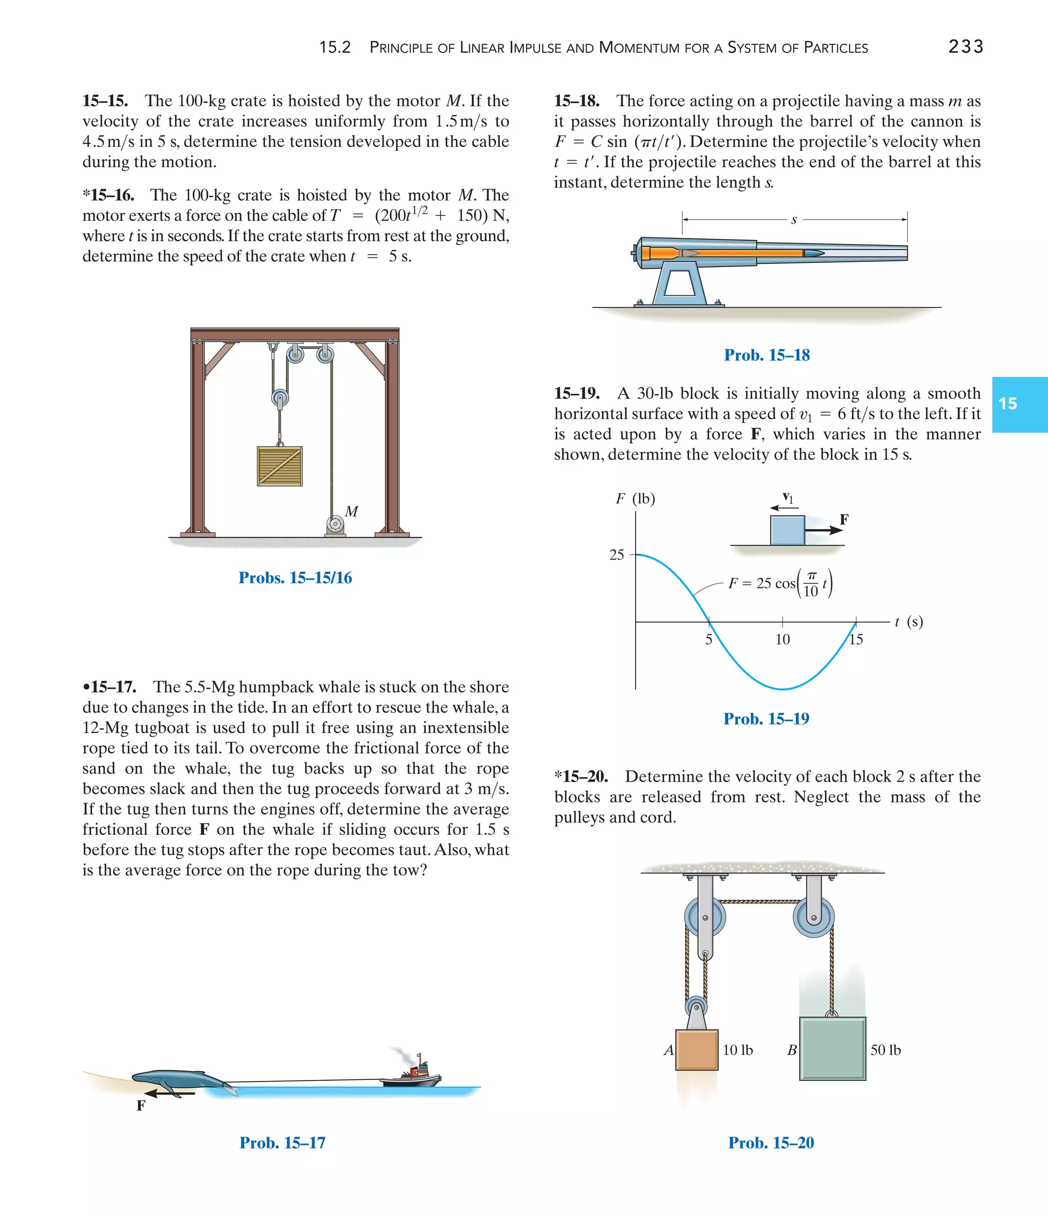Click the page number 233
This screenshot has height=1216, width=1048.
(x=965, y=47)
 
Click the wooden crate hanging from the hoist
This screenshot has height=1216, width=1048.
(x=279, y=466)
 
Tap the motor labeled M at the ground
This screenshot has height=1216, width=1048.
(x=335, y=524)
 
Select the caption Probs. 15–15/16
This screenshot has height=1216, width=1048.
(x=295, y=578)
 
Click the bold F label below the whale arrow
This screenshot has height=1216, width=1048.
(x=141, y=1106)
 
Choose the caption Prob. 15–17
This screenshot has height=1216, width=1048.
(x=282, y=1143)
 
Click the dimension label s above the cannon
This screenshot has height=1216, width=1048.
(x=794, y=220)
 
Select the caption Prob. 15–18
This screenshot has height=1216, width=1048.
(x=766, y=355)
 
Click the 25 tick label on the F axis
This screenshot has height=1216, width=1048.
(x=617, y=555)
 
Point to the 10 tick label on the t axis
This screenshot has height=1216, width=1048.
(x=782, y=639)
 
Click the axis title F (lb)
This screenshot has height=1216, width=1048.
(x=635, y=499)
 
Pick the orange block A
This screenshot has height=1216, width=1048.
(x=696, y=1049)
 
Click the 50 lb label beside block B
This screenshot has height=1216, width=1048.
(x=885, y=1050)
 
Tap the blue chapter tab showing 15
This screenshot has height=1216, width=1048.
(x=1019, y=404)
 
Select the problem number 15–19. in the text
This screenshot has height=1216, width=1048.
(x=577, y=393)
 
